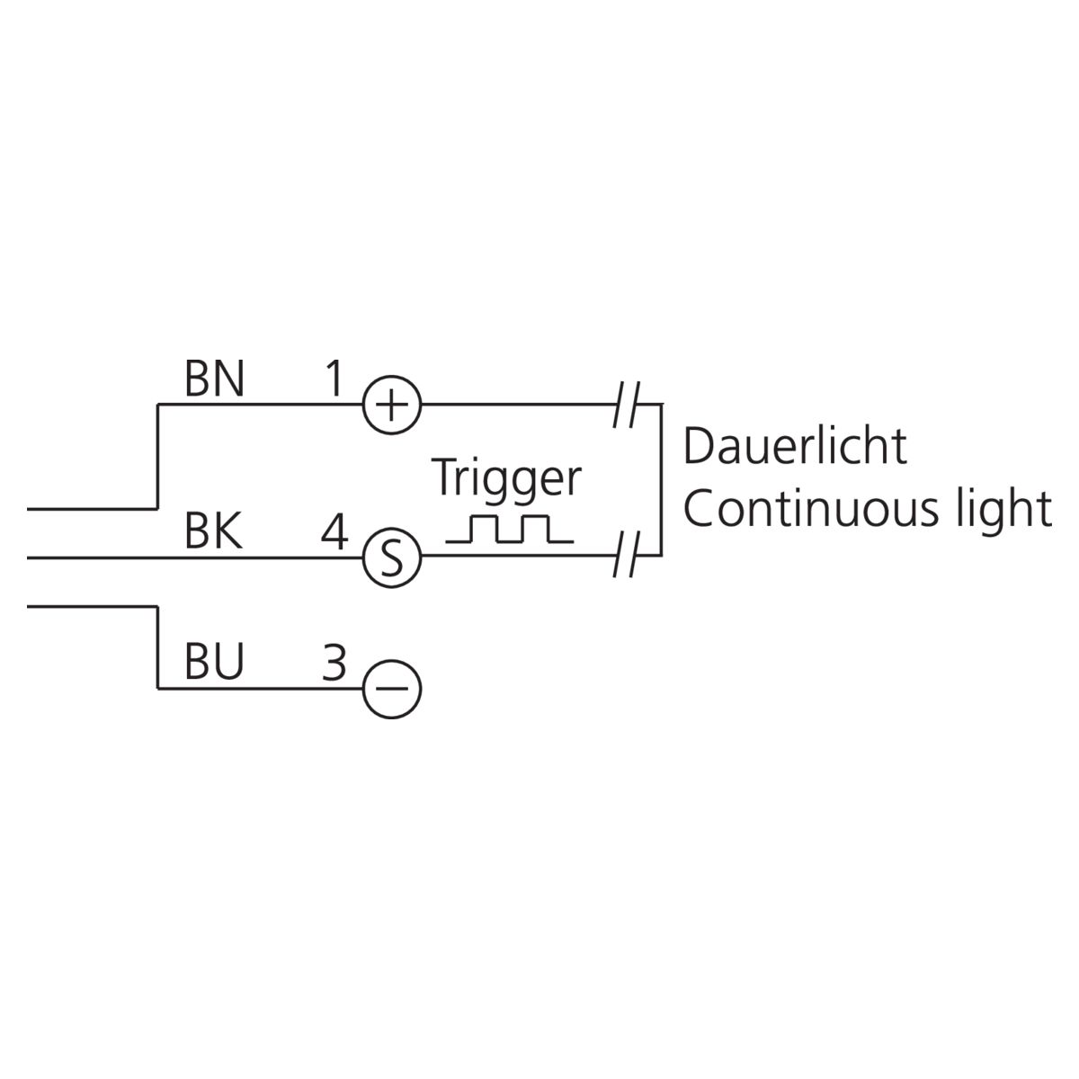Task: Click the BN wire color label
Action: pyautogui.click(x=215, y=379)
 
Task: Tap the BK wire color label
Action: pyautogui.click(x=214, y=531)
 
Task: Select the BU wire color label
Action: pyautogui.click(x=215, y=661)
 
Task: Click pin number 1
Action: pyautogui.click(x=334, y=379)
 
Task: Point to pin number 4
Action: pyautogui.click(x=334, y=531)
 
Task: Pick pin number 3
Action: pyautogui.click(x=334, y=662)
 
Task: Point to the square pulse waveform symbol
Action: pyautogui.click(x=510, y=529)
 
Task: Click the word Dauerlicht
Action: pyautogui.click(x=795, y=446)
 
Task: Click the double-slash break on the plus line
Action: pyautogui.click(x=627, y=405)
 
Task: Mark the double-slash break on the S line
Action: pyautogui.click(x=627, y=556)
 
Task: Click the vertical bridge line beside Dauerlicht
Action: pyautogui.click(x=661, y=480)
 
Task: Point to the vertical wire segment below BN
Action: pyautogui.click(x=158, y=457)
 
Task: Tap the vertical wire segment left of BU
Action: pyautogui.click(x=158, y=647)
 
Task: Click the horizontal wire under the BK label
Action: pyautogui.click(x=195, y=557)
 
